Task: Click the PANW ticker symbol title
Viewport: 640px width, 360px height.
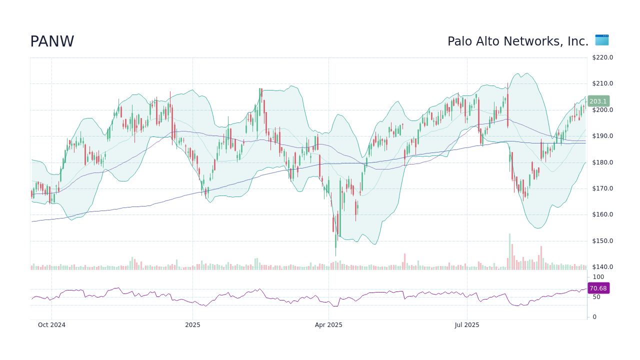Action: (x=52, y=42)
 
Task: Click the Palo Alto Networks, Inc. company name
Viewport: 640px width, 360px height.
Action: (x=517, y=42)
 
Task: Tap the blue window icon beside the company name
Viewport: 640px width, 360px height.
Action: (x=601, y=40)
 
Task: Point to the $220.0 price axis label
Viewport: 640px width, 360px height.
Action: (x=602, y=57)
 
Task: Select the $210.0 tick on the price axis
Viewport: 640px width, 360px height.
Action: (x=602, y=83)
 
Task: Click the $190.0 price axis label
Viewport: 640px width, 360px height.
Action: (x=602, y=136)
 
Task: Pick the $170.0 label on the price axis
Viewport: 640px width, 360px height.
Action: (x=602, y=188)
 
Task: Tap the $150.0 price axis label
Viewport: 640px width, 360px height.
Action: (x=602, y=241)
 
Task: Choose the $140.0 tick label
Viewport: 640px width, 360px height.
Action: (x=602, y=267)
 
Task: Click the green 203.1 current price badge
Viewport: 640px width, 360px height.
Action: (x=598, y=101)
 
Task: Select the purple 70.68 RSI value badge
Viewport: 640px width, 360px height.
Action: (x=598, y=288)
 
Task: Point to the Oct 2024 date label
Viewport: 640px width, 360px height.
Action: (x=51, y=325)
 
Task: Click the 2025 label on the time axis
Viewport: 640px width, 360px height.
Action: (x=192, y=325)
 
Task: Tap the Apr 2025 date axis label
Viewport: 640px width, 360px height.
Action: (x=328, y=325)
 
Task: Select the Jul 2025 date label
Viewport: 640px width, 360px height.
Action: (x=467, y=325)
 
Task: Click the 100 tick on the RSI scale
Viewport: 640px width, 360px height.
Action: (x=598, y=277)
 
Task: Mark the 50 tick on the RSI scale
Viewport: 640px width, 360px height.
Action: (x=596, y=297)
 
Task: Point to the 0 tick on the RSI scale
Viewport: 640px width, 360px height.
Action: (x=594, y=317)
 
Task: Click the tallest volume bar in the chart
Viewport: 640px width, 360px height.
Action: (x=509, y=252)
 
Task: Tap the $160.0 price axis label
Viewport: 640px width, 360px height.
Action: (x=602, y=214)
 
